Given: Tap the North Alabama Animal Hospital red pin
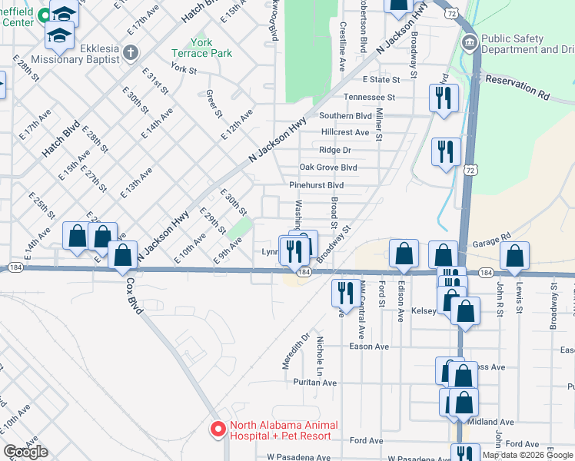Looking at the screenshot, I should coord(218,429).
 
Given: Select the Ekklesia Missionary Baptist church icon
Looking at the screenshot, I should coord(131,53).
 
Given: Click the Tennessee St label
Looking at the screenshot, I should coord(369,98).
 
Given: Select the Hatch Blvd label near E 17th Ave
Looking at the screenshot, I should coord(61,139).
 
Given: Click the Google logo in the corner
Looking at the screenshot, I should coord(26,452).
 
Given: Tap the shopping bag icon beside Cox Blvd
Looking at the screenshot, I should coord(122,255).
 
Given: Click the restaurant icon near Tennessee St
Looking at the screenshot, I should coord(444,98).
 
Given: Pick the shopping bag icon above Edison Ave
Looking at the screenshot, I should coord(404,254).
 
